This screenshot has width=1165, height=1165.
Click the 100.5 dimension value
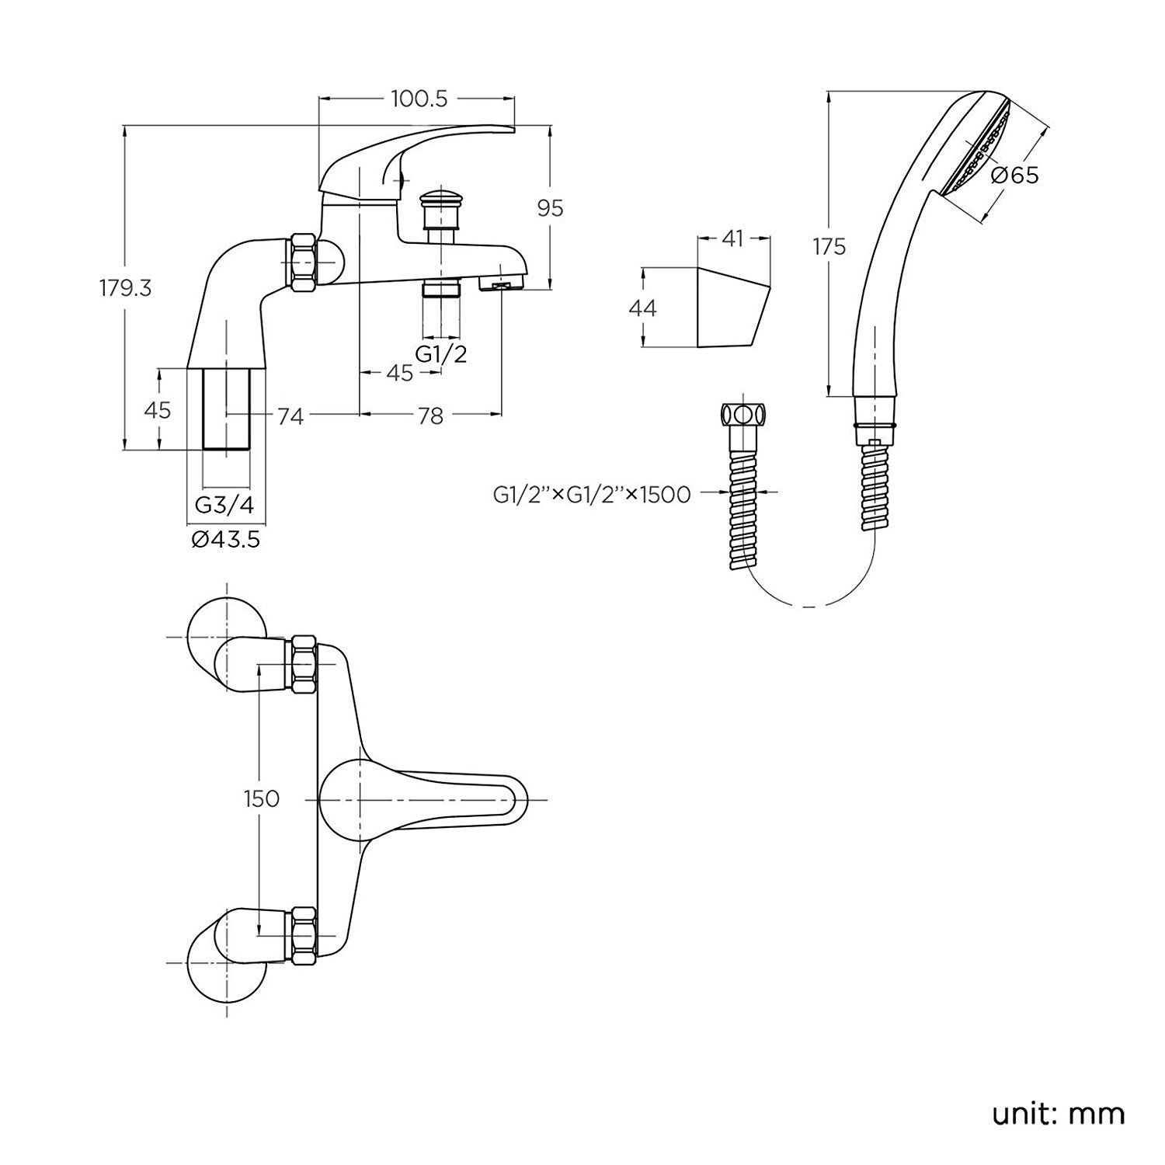point(419,99)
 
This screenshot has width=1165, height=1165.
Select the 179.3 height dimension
point(125,288)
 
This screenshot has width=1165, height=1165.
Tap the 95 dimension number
point(550,208)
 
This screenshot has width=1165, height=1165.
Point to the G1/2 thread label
point(441,354)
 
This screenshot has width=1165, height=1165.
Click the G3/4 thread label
point(224,505)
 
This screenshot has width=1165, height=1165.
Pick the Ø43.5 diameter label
point(225,538)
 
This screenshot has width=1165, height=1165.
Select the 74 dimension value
point(290,416)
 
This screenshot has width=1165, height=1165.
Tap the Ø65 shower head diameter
point(1015,175)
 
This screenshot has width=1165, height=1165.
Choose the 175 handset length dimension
point(829,247)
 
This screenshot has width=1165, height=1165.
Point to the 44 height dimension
point(642,308)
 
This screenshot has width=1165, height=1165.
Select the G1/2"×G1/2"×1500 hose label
point(592,493)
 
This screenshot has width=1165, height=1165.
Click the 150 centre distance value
point(261,798)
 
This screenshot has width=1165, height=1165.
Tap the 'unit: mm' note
point(1058,1115)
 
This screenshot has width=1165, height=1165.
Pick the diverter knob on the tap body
point(440,199)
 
